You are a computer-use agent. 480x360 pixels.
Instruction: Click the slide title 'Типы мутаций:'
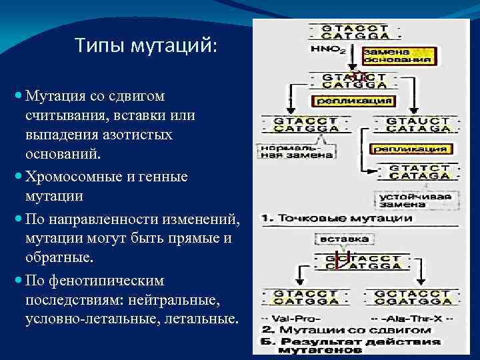click(x=146, y=46)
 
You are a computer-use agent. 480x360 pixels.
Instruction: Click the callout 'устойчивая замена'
click(x=415, y=200)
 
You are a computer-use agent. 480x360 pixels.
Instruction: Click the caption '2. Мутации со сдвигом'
click(x=345, y=330)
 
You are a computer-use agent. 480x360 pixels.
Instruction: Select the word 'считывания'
click(x=58, y=115)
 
